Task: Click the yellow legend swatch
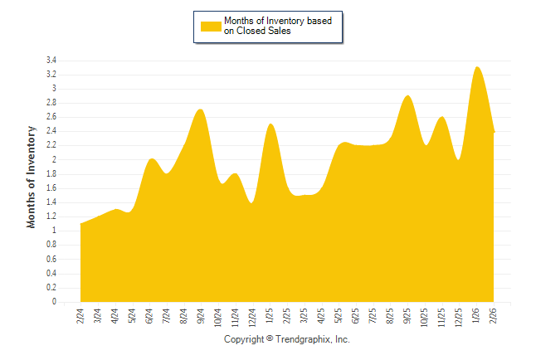tap(211, 26)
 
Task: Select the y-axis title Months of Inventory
tap(32, 177)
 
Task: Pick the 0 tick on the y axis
tap(54, 302)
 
